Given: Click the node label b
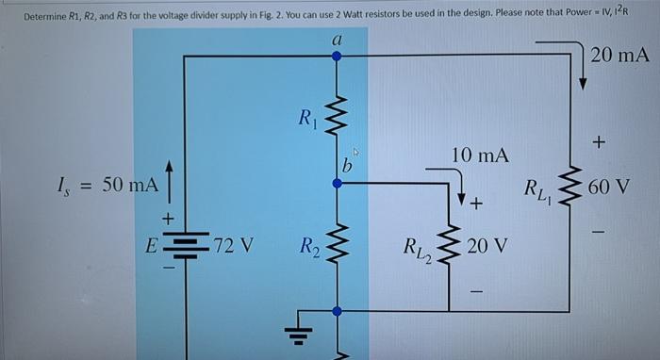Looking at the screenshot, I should click(x=347, y=167).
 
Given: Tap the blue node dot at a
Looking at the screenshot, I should click(x=337, y=56).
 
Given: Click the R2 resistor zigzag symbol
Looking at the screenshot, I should click(x=337, y=248).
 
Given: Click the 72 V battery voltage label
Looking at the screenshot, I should click(x=232, y=247).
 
